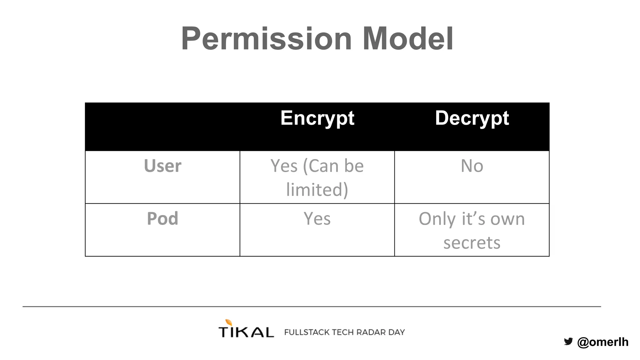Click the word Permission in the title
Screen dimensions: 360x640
[266, 39]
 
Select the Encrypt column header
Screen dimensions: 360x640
[317, 118]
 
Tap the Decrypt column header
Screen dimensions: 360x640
[472, 118]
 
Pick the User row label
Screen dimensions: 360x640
[162, 166]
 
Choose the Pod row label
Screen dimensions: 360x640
[162, 218]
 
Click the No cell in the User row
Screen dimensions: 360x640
[472, 166]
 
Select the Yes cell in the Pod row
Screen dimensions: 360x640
[317, 218]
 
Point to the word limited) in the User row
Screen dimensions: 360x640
[317, 190]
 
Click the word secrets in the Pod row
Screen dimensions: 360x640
[472, 243]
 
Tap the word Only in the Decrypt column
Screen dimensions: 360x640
[437, 219]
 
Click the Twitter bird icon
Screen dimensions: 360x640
[568, 341]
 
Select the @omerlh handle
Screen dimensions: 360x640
[603, 342]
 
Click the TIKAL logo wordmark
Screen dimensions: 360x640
[246, 332]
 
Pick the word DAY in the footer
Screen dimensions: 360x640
[397, 332]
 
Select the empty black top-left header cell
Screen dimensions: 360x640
[162, 127]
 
